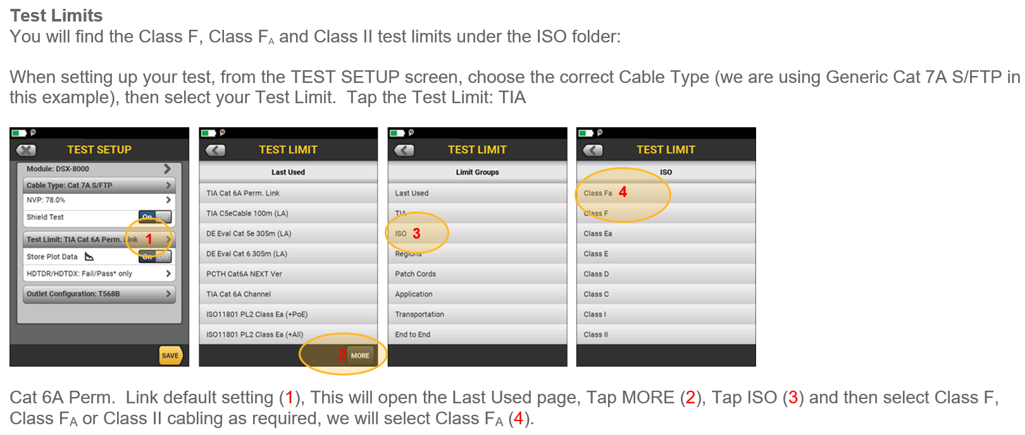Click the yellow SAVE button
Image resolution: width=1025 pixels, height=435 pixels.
(x=170, y=355)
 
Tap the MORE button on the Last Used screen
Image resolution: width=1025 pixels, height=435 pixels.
(x=359, y=355)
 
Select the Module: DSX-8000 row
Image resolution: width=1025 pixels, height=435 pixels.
(x=99, y=169)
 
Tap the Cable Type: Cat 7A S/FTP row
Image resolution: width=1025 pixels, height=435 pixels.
(x=99, y=186)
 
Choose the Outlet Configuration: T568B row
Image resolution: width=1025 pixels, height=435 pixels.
(x=99, y=294)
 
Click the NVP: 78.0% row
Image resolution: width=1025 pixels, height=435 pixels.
(x=99, y=200)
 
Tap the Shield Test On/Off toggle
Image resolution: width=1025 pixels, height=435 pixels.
(x=155, y=217)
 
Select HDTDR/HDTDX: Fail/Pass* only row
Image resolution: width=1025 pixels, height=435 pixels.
(x=99, y=274)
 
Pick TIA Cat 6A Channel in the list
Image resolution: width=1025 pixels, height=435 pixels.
(x=239, y=294)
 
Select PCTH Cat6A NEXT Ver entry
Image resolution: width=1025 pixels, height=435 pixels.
(x=244, y=274)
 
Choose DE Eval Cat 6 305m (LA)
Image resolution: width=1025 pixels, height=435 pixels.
(x=247, y=254)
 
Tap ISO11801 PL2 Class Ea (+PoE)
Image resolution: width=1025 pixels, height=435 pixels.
(x=257, y=314)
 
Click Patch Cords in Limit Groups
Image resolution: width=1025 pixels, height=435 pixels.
(x=416, y=274)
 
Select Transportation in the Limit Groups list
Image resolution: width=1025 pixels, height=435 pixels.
(x=419, y=314)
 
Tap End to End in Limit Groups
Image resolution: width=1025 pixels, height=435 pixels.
(x=413, y=334)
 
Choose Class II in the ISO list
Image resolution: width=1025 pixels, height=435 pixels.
(x=596, y=334)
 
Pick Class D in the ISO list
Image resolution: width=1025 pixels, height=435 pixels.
(x=596, y=274)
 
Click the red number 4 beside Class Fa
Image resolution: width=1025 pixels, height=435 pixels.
(x=623, y=192)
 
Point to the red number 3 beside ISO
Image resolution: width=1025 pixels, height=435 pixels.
(x=416, y=234)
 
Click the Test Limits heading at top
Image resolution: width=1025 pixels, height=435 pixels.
(x=56, y=16)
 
